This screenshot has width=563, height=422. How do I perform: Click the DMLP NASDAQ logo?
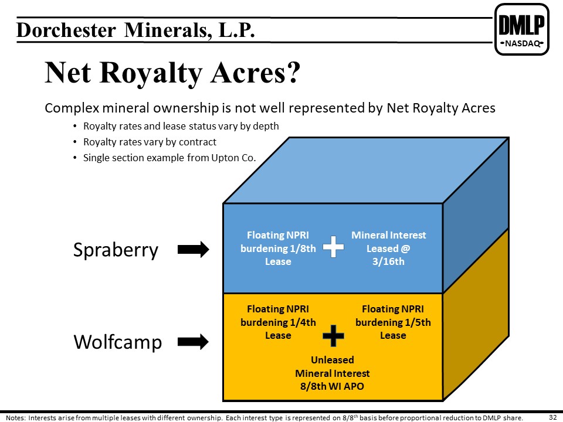coord(522,29)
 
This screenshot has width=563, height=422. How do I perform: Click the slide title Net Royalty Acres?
coord(172,73)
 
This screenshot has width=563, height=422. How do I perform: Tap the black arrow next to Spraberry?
coord(193,250)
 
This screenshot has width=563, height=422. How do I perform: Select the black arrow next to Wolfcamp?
coord(193,341)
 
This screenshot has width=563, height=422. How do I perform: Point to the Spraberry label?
coord(116,250)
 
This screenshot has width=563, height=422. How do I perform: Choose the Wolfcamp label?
coord(118,341)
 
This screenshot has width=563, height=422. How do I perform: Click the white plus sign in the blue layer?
coord(334,247)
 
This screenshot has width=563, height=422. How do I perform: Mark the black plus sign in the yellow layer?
coord(334,336)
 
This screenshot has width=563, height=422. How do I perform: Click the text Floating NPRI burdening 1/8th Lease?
coord(278,249)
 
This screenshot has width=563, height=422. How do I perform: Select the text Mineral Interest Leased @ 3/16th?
coord(388,249)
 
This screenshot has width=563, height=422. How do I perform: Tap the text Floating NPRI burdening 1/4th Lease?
coord(278,322)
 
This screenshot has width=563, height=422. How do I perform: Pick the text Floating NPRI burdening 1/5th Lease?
coord(393,322)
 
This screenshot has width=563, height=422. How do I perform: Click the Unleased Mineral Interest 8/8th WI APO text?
coord(333,373)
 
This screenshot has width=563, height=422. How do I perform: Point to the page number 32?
coord(553,417)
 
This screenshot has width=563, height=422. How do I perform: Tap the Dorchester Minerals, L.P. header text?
coord(135,30)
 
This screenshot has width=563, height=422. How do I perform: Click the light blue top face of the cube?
coord(365,170)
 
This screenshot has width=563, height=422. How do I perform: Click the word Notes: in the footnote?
coord(16,418)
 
